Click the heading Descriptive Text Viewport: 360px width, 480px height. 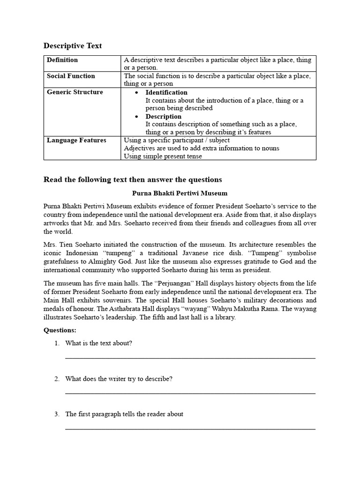[x=73, y=45]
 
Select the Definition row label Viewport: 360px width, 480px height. [x=62, y=60]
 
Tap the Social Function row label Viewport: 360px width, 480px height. [x=71, y=76]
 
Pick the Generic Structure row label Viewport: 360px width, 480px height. [x=75, y=92]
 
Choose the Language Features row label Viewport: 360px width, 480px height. [x=76, y=140]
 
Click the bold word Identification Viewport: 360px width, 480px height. [x=166, y=92]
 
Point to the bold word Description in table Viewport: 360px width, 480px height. [x=163, y=116]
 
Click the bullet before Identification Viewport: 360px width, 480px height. [x=136, y=93]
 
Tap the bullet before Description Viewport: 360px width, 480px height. [x=136, y=117]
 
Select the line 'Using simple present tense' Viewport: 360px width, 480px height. [x=163, y=156]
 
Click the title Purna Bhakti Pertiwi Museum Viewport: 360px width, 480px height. [x=180, y=193]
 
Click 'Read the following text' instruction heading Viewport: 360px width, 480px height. [x=133, y=180]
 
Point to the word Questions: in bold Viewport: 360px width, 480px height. [x=60, y=330]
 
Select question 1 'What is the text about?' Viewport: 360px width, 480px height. [x=98, y=343]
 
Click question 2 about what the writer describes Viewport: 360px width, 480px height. [x=119, y=379]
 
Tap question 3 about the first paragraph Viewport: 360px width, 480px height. [x=124, y=414]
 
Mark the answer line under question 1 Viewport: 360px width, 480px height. [x=190, y=358]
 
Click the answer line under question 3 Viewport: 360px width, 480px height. [x=190, y=429]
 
